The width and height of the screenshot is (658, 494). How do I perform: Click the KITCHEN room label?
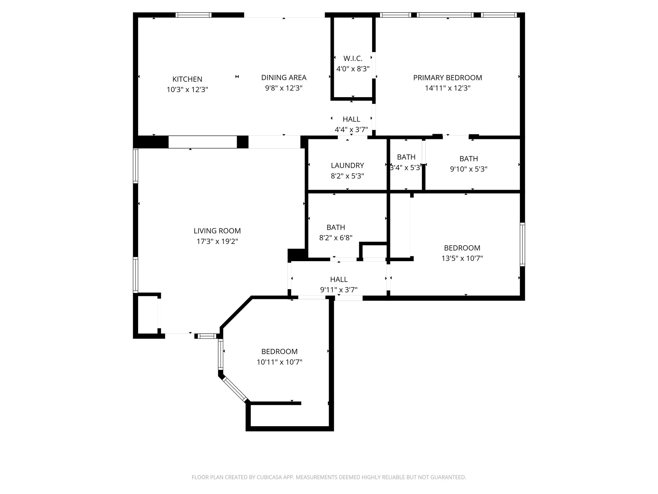(x=187, y=79)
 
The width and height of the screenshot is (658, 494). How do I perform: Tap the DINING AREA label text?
(x=284, y=78)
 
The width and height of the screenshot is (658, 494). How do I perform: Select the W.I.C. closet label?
(x=353, y=59)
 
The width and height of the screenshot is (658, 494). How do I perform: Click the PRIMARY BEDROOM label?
(x=448, y=78)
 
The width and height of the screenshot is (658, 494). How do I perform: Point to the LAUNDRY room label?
(x=347, y=165)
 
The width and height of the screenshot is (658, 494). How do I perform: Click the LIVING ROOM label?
(x=217, y=231)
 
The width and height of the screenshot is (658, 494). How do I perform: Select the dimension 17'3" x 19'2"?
(x=217, y=241)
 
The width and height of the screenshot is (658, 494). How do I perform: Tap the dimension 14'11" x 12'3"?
(x=448, y=88)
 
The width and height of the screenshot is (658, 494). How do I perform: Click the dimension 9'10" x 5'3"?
(x=468, y=169)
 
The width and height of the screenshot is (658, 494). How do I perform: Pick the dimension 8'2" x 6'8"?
(x=336, y=238)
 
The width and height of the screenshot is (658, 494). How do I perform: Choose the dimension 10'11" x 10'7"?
(x=279, y=362)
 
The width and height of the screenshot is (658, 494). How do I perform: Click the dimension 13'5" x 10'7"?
(x=462, y=258)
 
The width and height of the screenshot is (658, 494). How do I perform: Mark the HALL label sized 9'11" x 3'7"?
(x=339, y=279)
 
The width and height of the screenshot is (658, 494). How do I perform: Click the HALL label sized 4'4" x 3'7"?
(x=351, y=119)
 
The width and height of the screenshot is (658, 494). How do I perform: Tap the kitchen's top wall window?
(x=193, y=15)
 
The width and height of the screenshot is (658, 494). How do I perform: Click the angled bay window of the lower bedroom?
(x=235, y=389)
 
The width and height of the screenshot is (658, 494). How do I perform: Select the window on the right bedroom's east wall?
(x=522, y=244)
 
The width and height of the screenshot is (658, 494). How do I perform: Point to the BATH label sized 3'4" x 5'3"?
(x=406, y=157)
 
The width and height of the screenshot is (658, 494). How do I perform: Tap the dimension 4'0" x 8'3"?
(x=353, y=69)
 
